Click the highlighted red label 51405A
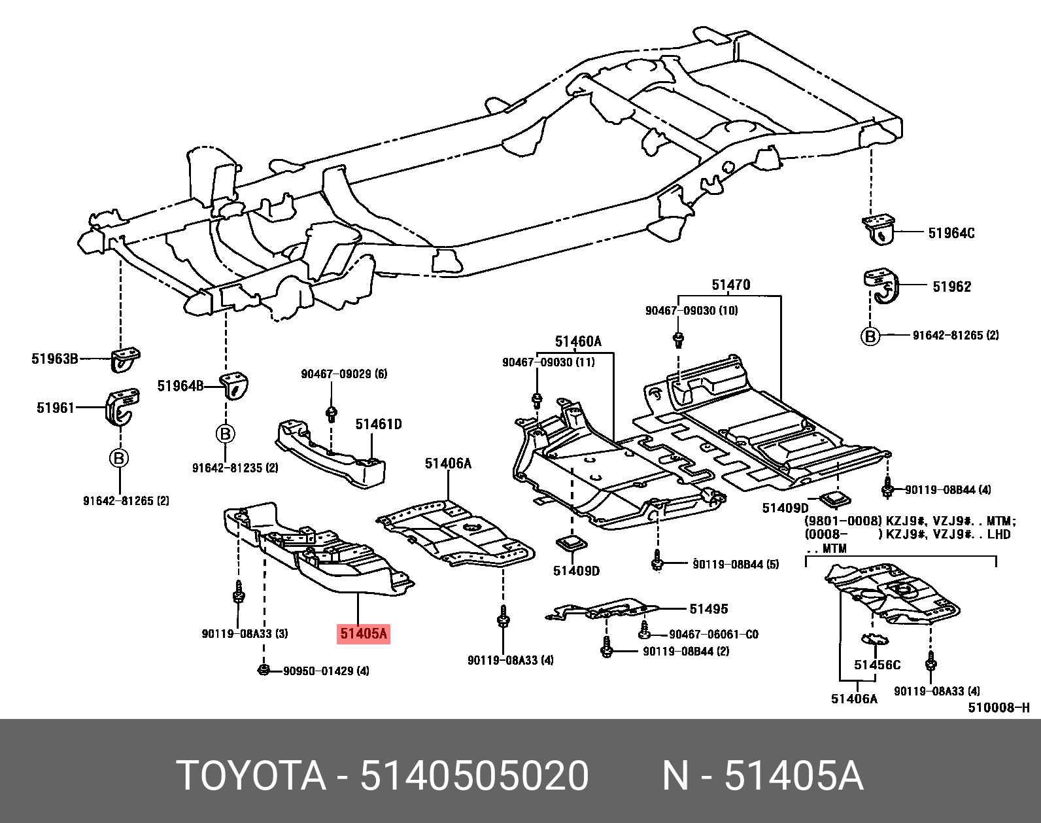364,633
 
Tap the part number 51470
730,285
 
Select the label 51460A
578,341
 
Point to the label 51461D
379,424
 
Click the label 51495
709,609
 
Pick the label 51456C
877,665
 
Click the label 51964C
951,234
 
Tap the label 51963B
55,359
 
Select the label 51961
56,408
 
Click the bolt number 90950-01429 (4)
326,671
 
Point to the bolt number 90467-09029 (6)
344,374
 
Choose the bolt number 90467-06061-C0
713,634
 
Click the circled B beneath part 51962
870,336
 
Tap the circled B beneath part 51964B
226,434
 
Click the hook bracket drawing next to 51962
880,287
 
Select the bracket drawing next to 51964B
235,386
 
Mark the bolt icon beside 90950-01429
263,671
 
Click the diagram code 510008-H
998,708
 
